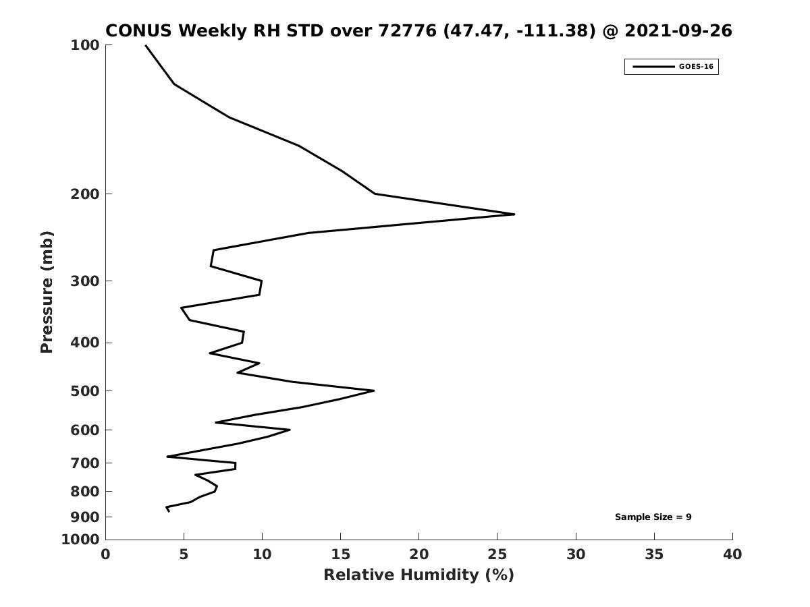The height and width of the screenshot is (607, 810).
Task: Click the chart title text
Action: [418, 31]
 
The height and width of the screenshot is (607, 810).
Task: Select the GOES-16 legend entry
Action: [671, 67]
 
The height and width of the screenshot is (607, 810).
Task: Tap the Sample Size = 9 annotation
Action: [653, 517]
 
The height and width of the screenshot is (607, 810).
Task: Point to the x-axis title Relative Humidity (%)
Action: [418, 575]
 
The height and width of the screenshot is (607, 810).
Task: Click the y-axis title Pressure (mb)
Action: [47, 292]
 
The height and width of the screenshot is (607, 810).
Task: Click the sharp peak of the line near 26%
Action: [514, 214]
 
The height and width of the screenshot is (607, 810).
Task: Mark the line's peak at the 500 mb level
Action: [373, 391]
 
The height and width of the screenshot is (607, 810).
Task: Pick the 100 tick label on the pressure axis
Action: [85, 45]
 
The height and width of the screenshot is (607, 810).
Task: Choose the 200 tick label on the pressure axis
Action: [85, 194]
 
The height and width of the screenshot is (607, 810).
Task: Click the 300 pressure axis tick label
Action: [85, 281]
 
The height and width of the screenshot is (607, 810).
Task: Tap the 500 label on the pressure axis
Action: [85, 391]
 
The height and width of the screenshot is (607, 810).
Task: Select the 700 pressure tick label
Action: [85, 463]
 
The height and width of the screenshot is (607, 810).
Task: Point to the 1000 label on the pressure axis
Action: [81, 540]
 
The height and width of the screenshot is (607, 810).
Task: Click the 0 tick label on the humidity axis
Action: [106, 555]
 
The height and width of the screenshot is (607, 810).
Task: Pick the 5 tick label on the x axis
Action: [184, 555]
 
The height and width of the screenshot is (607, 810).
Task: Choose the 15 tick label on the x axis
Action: [340, 555]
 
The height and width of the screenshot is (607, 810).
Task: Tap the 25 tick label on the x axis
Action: [497, 555]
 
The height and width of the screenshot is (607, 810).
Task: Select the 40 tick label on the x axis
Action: [732, 555]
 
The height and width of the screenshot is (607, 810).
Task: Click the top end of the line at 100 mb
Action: [145, 45]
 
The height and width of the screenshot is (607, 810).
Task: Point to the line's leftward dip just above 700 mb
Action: [167, 457]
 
